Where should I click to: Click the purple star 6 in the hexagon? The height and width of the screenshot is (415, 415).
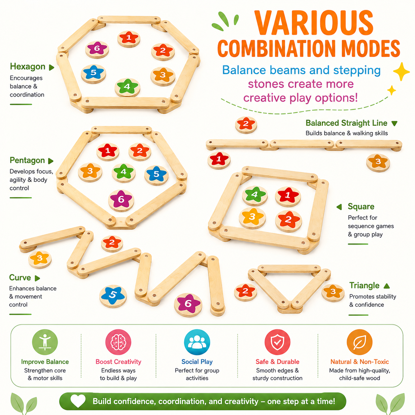pyautogui.click(x=97, y=48)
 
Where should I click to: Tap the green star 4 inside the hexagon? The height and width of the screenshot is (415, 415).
pyautogui.click(x=127, y=86)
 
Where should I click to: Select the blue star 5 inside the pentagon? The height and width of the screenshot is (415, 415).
pyautogui.click(x=156, y=174)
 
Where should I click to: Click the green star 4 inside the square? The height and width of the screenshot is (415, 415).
pyautogui.click(x=255, y=195)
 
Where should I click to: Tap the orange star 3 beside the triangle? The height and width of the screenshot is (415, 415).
pyautogui.click(x=333, y=292)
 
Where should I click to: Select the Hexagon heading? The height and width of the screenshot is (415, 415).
pyautogui.click(x=27, y=67)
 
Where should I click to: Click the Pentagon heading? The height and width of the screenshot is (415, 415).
pyautogui.click(x=27, y=161)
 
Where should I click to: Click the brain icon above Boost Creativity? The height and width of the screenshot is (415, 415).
pyautogui.click(x=118, y=342)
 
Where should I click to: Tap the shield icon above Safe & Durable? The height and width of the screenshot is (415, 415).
pyautogui.click(x=277, y=342)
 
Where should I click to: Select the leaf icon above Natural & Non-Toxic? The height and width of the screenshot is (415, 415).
pyautogui.click(x=359, y=342)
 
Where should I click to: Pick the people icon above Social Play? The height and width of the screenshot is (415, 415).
pyautogui.click(x=197, y=342)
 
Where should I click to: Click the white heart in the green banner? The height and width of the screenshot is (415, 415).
pyautogui.click(x=78, y=401)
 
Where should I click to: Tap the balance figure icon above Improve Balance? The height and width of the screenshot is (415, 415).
pyautogui.click(x=45, y=342)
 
